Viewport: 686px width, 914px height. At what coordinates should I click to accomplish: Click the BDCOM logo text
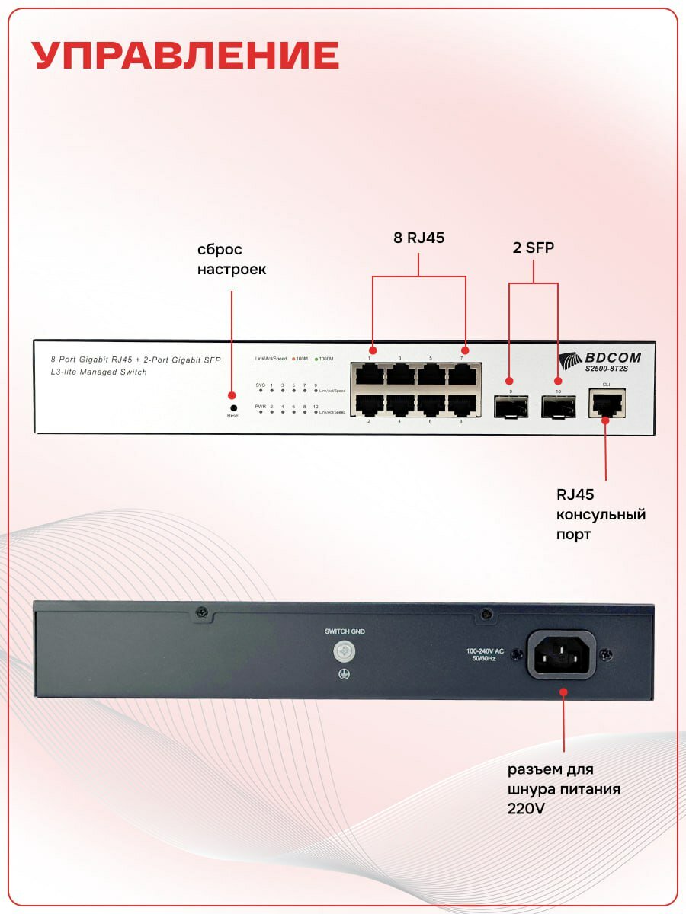[x=612, y=357]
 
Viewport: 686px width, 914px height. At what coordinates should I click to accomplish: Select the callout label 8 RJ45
[x=418, y=238]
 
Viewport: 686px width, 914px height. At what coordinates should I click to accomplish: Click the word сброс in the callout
[x=220, y=250]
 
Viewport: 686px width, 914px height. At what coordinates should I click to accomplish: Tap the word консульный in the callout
[x=600, y=515]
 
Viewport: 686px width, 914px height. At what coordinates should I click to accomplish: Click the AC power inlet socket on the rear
[x=563, y=654]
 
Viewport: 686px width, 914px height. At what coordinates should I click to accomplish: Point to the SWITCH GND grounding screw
[x=344, y=651]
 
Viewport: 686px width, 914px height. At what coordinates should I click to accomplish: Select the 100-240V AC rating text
[x=485, y=651]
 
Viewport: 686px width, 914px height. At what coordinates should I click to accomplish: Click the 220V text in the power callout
[x=526, y=809]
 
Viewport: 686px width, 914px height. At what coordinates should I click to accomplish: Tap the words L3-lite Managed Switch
[x=98, y=372]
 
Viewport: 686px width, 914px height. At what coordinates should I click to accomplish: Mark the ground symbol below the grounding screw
[x=344, y=673]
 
